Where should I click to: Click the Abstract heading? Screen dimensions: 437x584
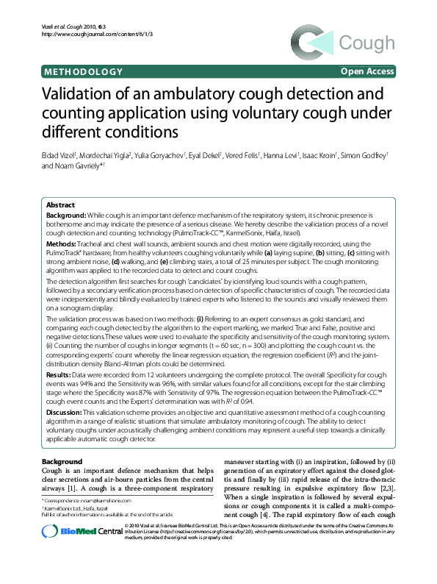(x=60, y=204)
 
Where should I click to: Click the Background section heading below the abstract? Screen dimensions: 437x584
(x=62, y=460)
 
